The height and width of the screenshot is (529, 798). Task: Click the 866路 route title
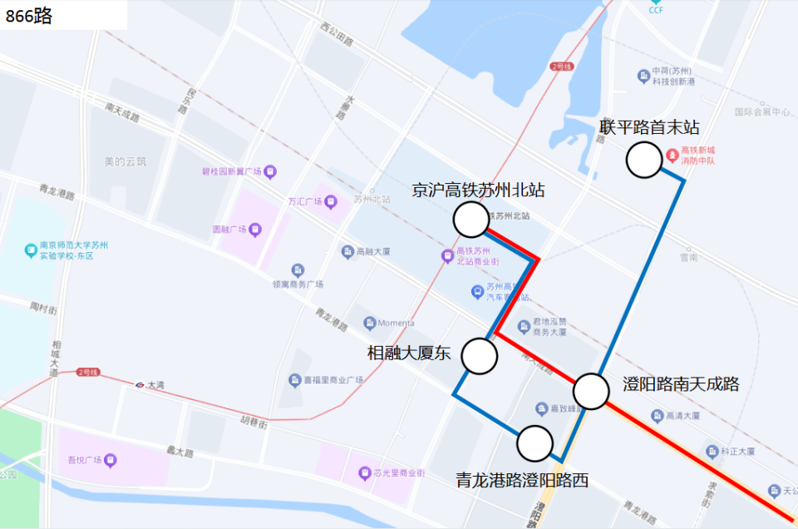click(30, 16)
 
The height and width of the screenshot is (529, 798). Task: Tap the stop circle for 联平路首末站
click(643, 161)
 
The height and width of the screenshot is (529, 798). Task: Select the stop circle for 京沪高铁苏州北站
click(471, 220)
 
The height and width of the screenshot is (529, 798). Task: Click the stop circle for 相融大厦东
click(480, 355)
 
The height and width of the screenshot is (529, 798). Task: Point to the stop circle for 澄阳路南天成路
click(591, 391)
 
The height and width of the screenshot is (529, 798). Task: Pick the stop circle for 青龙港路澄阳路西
click(534, 443)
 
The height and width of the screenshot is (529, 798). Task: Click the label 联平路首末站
click(649, 127)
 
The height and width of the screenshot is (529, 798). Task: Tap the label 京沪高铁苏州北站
click(478, 190)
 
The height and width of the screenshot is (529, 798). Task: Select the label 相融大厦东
click(409, 353)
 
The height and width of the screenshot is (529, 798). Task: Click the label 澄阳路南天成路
click(681, 384)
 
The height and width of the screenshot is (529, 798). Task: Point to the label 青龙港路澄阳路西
click(522, 480)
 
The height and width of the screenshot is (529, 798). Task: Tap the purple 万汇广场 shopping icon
click(331, 200)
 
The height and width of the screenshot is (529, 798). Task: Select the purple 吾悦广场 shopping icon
click(111, 459)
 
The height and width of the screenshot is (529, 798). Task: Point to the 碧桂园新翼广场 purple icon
click(271, 172)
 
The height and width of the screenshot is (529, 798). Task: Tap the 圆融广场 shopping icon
click(255, 229)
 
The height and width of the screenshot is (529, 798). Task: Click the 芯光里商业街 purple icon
click(364, 472)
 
